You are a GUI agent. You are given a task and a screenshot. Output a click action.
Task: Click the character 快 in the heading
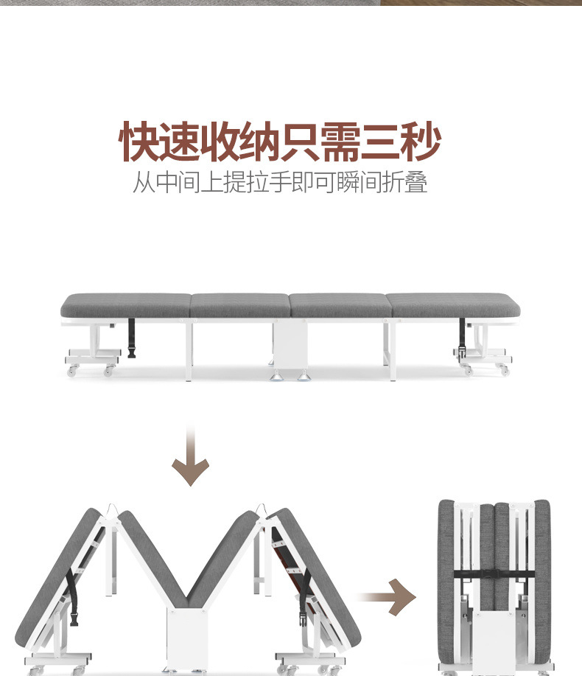tap(141, 142)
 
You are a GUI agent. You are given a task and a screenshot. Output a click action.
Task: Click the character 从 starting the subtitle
tap(145, 182)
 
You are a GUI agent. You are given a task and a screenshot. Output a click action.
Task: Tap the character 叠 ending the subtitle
tap(416, 182)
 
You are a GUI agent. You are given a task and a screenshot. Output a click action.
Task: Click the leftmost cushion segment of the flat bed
tap(125, 305)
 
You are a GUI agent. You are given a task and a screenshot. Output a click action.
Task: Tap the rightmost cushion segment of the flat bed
tap(452, 305)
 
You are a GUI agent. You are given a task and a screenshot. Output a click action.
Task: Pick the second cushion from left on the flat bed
tap(239, 305)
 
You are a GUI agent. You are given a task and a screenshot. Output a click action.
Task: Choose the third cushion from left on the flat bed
tap(338, 305)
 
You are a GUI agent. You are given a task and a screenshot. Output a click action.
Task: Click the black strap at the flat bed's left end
tap(132, 338)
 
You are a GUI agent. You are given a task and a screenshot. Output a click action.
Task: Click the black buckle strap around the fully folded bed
tap(494, 574)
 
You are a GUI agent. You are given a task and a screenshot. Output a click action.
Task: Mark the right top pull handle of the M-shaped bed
tap(260, 509)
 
